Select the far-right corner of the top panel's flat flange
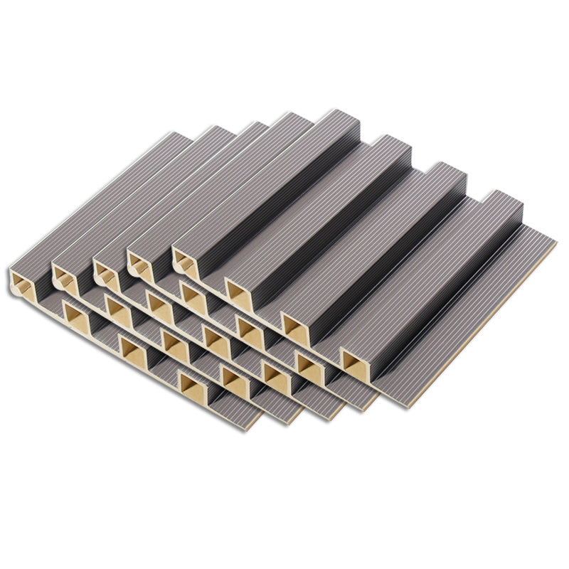tap(555, 243)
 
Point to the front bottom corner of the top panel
tap(407, 407)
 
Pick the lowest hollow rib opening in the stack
tap(190, 385)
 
